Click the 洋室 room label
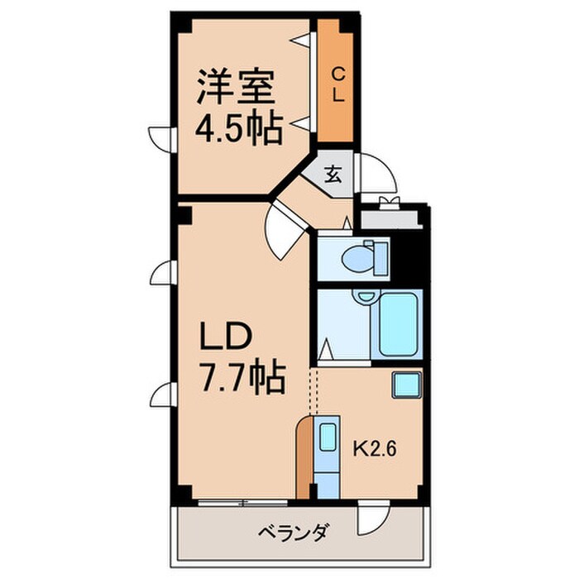[x=236, y=88]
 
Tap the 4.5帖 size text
[x=238, y=128]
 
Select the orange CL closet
[x=337, y=84]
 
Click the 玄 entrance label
[x=333, y=175]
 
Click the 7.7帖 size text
[x=242, y=379]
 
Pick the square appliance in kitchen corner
[x=406, y=384]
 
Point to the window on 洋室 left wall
[x=160, y=136]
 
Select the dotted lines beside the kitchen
[x=313, y=390]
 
